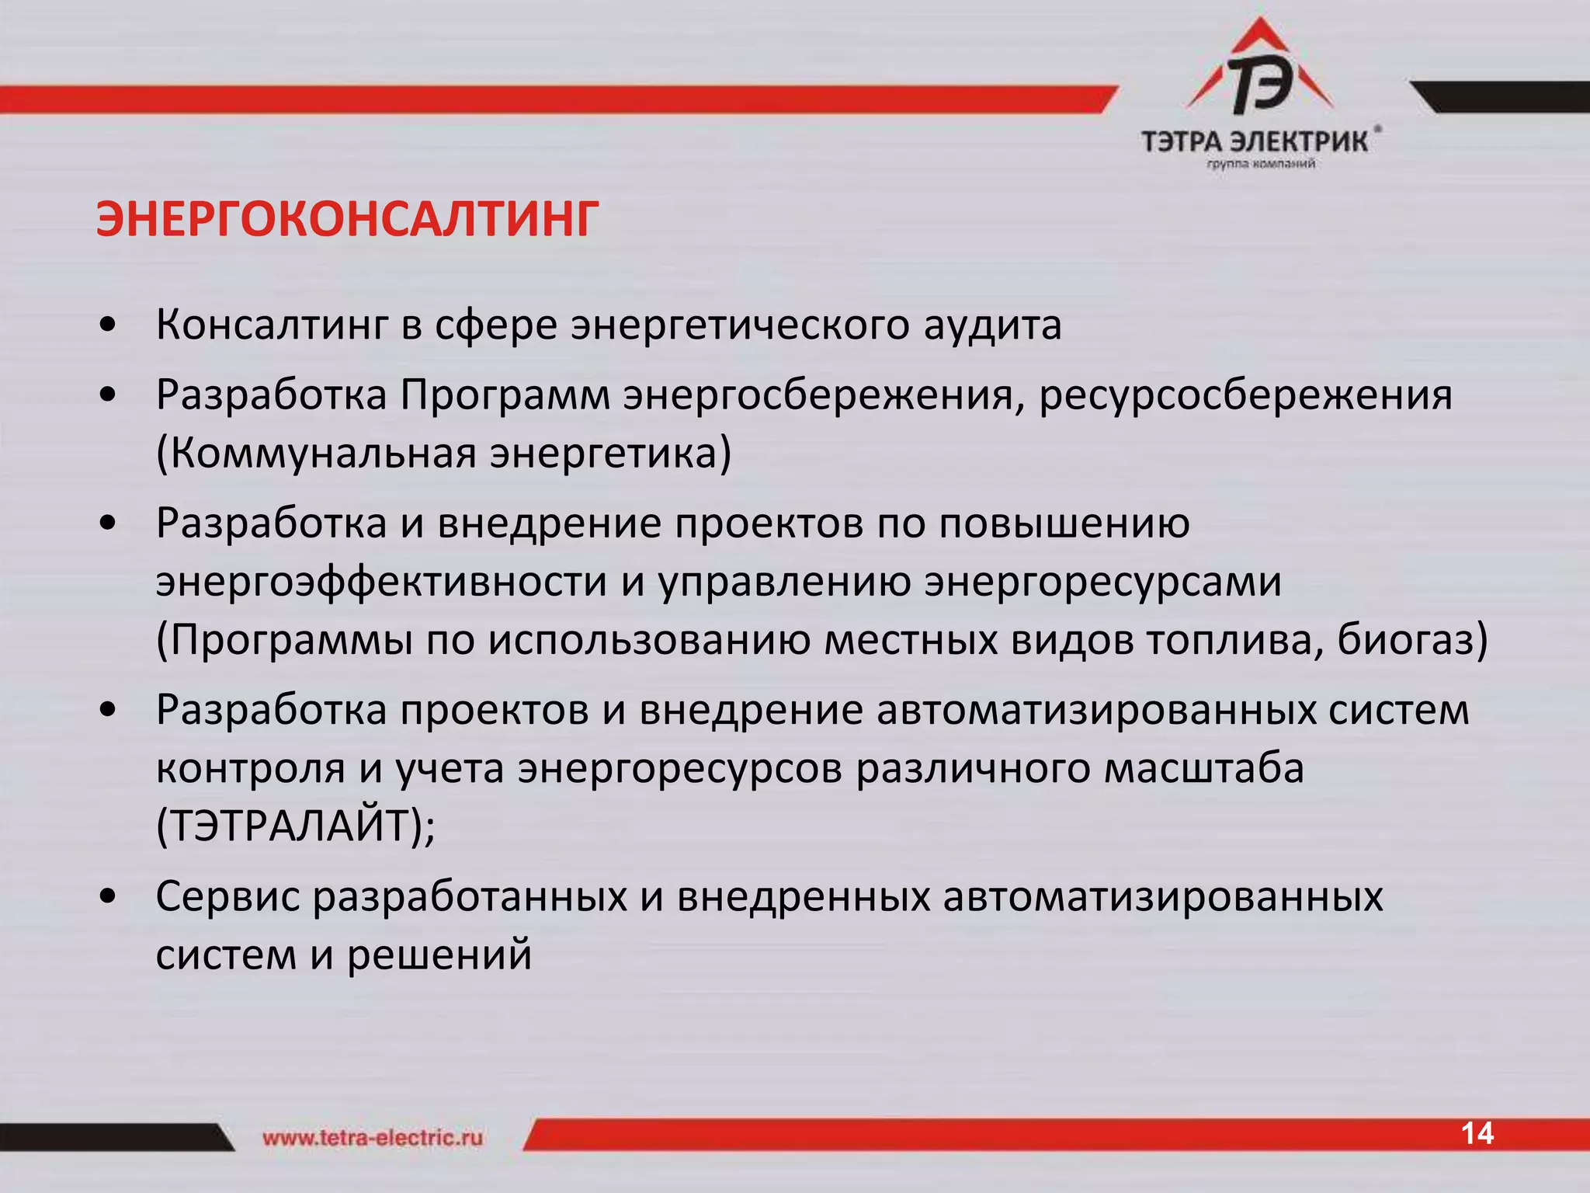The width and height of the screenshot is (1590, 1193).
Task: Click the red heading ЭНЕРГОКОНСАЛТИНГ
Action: coord(347,220)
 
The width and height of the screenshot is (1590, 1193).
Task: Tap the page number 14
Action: coord(1477,1134)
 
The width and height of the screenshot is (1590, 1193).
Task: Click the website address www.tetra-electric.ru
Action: coord(373,1139)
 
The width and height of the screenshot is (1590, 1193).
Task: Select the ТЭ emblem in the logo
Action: coord(1259,80)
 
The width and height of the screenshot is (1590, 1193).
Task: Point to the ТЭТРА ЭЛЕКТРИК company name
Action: coord(1255,142)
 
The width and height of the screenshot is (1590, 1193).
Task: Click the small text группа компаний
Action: coord(1260,164)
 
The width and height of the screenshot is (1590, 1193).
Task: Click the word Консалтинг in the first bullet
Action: coord(271,325)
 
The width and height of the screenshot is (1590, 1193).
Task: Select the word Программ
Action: coord(505,396)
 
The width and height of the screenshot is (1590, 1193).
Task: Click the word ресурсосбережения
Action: coord(1245,396)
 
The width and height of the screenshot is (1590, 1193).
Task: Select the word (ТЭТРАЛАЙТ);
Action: coord(296,826)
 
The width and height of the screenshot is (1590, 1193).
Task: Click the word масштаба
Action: coord(1203,769)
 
